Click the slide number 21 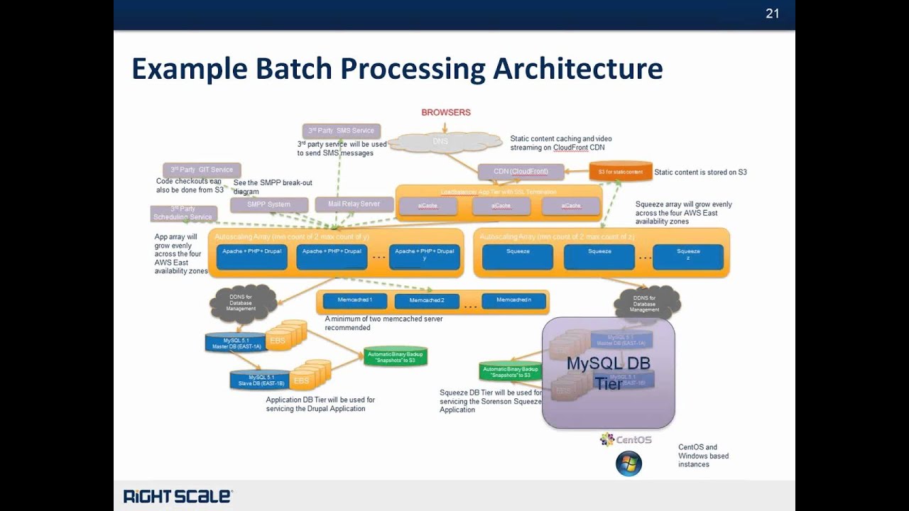tap(772, 13)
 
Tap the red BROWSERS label tap(446, 112)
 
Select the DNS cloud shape tap(440, 142)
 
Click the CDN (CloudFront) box tap(521, 171)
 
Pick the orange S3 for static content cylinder tap(621, 172)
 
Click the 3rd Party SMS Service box tap(342, 131)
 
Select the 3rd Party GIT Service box tap(202, 170)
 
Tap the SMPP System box tap(268, 204)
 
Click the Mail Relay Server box tap(354, 204)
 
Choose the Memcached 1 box tap(354, 300)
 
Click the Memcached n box tap(513, 300)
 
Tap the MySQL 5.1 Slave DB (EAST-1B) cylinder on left tap(258, 380)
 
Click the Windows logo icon tap(628, 464)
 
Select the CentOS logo tap(626, 440)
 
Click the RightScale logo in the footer tap(178, 496)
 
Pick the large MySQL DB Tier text tap(608, 373)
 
